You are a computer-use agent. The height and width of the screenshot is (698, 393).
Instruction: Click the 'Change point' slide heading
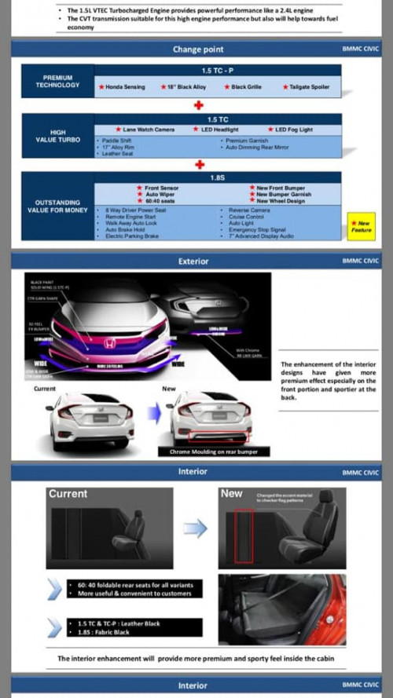[198, 49]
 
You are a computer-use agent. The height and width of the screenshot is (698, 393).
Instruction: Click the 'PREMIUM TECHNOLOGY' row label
[57, 82]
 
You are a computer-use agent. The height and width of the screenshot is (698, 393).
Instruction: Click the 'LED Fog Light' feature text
[293, 130]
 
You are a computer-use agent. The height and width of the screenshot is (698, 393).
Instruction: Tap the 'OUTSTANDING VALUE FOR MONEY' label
[57, 206]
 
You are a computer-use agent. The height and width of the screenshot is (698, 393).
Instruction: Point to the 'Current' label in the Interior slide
[68, 494]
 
